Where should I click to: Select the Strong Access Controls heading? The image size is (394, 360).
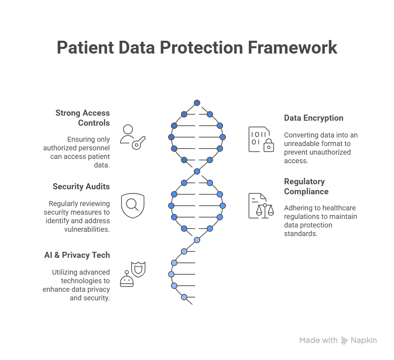click(x=82, y=118)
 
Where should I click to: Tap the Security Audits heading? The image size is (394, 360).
click(x=81, y=186)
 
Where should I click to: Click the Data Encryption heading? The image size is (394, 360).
click(x=313, y=118)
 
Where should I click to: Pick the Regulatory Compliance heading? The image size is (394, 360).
click(x=306, y=186)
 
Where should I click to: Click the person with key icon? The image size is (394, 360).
click(x=132, y=137)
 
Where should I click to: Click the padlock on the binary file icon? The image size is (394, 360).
click(x=268, y=146)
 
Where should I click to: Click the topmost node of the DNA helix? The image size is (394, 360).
click(x=197, y=103)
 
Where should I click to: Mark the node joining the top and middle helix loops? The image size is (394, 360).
click(x=197, y=171)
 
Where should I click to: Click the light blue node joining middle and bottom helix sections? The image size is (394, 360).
click(x=197, y=240)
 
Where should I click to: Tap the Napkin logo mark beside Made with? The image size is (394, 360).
click(x=344, y=340)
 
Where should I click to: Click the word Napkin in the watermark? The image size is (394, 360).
click(x=363, y=340)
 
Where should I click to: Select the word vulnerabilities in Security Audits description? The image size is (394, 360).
click(x=87, y=229)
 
